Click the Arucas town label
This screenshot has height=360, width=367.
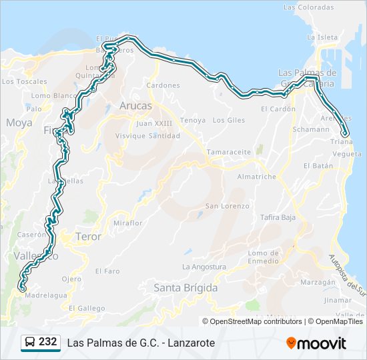pos(135,106)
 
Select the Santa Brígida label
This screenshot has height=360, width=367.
pos(186,288)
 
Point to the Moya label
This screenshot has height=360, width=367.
pos(19,123)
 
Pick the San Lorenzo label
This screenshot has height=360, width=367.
pos(227,206)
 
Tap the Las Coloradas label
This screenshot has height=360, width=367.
pos(308,7)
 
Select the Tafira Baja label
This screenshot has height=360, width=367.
pos(278,217)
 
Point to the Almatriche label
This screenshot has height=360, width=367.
pos(257,177)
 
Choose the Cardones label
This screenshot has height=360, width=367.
pos(163,85)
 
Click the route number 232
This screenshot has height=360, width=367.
pos(47,342)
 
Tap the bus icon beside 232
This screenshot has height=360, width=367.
pos(30,343)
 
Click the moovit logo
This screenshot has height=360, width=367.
pos(316,343)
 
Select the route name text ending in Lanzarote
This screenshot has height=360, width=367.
pos(141,343)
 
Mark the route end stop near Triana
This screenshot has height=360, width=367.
pos(345,133)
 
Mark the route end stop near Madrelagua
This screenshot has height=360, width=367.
pos(23,289)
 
